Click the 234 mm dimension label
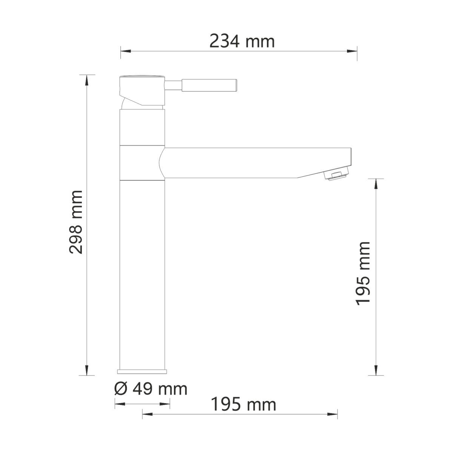click(242, 42)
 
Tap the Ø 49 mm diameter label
click(151, 389)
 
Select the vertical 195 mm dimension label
click(363, 273)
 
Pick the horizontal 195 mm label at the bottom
click(243, 404)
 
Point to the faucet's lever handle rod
click(200, 85)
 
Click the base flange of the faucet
click(142, 372)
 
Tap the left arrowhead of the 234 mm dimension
click(126, 51)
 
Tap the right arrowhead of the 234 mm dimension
click(352, 51)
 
